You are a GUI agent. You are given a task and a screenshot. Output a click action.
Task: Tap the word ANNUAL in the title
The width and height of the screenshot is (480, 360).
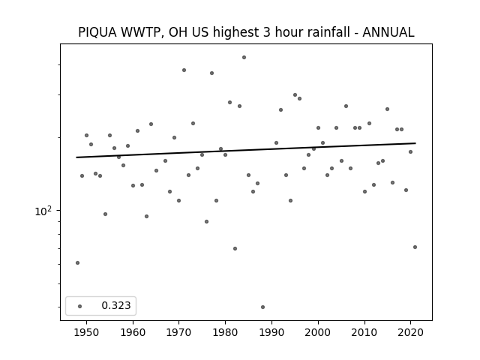tap(388, 32)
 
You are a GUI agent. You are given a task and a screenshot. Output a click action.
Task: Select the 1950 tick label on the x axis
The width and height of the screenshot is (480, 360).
tap(87, 332)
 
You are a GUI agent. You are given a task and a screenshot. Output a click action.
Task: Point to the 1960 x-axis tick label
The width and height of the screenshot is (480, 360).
tap(133, 332)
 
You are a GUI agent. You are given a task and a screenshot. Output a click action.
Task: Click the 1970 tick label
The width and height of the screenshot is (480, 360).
tap(179, 332)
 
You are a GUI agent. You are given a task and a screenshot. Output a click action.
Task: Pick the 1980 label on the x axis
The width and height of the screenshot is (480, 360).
tap(225, 332)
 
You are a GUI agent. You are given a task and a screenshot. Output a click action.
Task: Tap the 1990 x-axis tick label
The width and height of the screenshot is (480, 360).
tap(271, 332)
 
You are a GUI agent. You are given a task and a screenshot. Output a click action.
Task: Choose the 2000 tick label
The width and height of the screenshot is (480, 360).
tap(318, 332)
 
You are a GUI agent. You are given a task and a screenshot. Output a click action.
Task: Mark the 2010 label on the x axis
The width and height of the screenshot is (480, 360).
tap(364, 332)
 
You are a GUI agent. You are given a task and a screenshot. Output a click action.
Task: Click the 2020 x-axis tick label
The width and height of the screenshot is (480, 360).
tap(410, 332)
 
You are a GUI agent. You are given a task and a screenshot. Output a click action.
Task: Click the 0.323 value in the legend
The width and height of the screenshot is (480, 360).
tap(116, 305)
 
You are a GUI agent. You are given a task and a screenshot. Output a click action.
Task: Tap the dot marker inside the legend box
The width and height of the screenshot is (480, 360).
tap(80, 306)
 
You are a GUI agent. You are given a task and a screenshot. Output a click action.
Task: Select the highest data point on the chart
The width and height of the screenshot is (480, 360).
tap(244, 57)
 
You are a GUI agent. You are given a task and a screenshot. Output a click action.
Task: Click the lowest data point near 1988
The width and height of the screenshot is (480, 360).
tap(262, 307)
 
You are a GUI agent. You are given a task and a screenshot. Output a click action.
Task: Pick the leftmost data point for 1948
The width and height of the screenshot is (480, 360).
tap(77, 262)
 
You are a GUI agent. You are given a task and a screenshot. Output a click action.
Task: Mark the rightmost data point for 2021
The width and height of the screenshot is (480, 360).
tap(415, 247)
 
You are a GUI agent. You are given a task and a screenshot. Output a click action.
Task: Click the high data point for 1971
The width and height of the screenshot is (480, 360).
tap(184, 70)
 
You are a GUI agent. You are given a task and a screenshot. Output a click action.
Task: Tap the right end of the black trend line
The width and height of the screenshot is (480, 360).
tap(415, 143)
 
